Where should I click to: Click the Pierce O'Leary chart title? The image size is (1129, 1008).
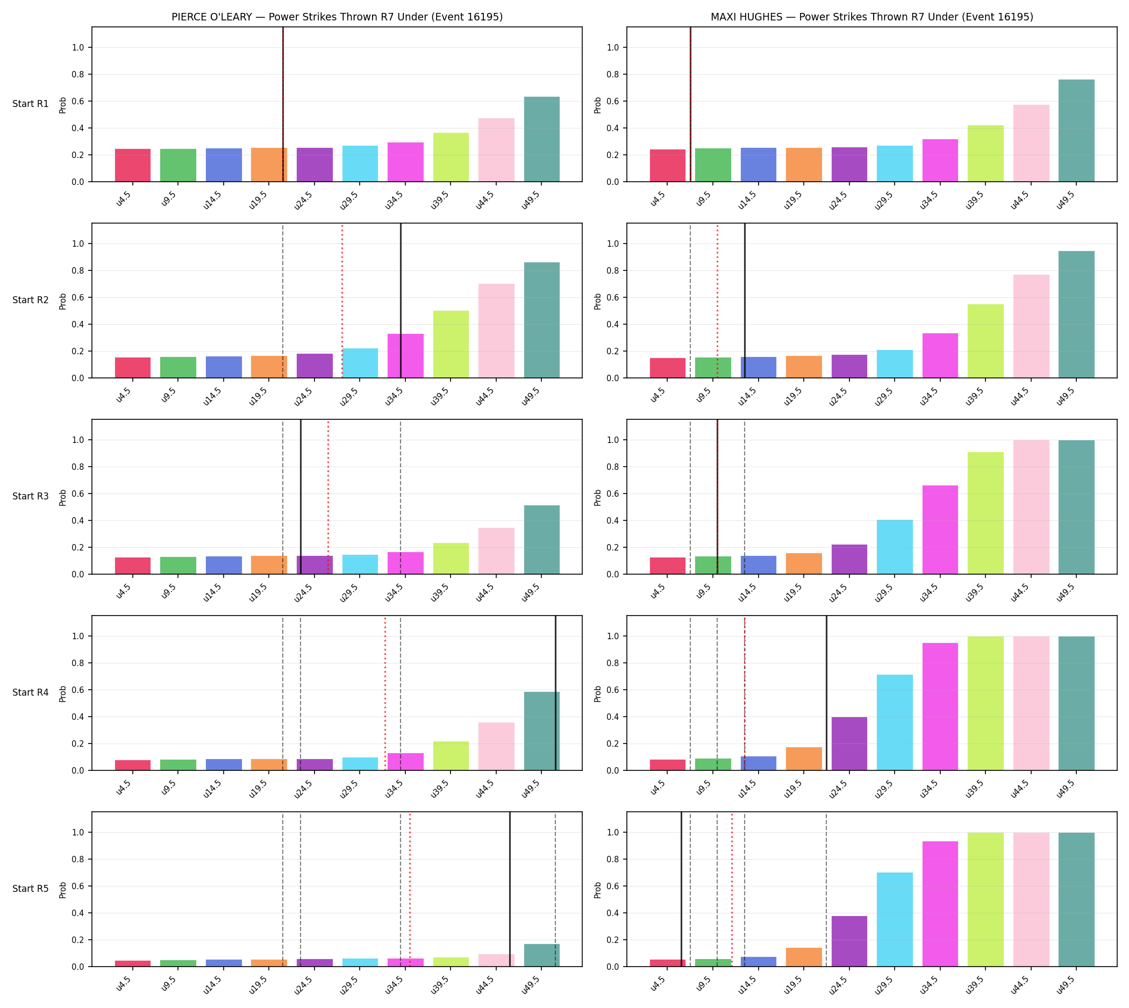337,17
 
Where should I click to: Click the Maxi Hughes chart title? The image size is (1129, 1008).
871,17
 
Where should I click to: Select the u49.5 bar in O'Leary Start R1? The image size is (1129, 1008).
541,139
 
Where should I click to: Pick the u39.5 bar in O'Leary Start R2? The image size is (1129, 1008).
451,344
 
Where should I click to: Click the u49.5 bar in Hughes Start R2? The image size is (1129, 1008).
1076,314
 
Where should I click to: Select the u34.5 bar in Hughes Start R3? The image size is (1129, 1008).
940,530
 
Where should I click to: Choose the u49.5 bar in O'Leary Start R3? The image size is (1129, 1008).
541,539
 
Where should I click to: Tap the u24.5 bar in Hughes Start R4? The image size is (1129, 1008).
849,744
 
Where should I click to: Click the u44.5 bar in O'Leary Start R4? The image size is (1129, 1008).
496,746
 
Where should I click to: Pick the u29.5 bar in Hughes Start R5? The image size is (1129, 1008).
894,919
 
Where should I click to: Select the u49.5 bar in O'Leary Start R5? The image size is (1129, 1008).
541,955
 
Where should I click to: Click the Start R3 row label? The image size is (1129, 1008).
31,496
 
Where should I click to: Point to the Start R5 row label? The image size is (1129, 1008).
31,888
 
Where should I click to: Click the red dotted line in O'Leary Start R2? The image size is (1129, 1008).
342,301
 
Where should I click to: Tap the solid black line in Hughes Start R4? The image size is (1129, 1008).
826,693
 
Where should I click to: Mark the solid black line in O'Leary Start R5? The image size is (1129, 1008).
509,890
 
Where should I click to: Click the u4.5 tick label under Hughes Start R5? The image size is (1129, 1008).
658,984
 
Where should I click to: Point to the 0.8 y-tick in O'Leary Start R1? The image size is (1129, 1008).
77,75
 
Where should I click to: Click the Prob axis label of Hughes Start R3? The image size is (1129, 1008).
597,497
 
